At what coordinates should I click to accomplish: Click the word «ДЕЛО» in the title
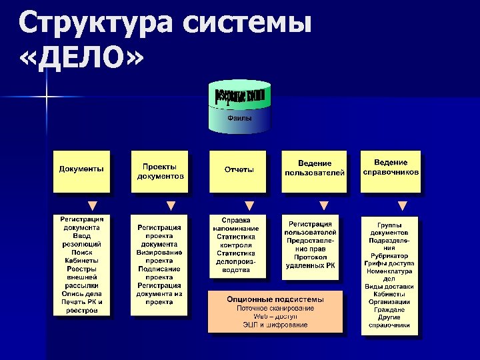coord(81,61)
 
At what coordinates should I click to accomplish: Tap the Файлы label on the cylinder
coord(239,118)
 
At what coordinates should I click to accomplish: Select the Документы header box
coord(81,171)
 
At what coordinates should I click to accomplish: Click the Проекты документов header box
coord(159,171)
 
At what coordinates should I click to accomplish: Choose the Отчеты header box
coord(239,171)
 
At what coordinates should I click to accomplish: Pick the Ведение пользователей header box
coord(314,171)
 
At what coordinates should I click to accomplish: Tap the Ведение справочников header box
coord(391,170)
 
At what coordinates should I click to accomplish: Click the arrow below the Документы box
coord(93,205)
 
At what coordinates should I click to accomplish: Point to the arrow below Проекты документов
coord(171,205)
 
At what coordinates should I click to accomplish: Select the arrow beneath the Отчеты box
coord(249,205)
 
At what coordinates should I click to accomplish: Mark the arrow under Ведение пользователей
coord(324,205)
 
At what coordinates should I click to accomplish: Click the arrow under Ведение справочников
coord(402,205)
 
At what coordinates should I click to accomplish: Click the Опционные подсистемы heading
coord(275,299)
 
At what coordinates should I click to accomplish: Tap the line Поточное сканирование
coord(275,308)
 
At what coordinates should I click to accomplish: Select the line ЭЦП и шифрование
coord(275,325)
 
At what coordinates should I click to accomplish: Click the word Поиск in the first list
coord(81,252)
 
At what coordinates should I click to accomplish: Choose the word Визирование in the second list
coord(159,252)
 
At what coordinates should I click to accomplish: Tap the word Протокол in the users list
coord(309,257)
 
